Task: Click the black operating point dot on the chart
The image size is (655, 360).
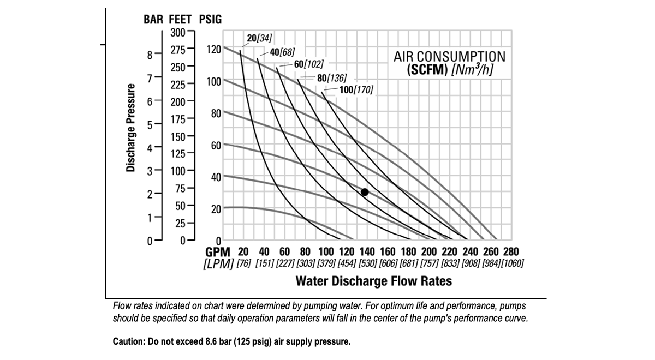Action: click(365, 192)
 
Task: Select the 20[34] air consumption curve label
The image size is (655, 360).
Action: click(259, 38)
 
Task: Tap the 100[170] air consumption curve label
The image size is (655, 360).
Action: click(356, 89)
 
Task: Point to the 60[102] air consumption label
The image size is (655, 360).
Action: click(309, 64)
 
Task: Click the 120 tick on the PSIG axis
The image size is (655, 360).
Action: click(213, 49)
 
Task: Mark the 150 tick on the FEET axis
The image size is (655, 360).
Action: click(178, 135)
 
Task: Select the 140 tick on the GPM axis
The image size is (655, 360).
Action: click(367, 252)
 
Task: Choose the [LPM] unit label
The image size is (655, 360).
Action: click(218, 264)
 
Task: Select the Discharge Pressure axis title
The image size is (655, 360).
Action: click(131, 128)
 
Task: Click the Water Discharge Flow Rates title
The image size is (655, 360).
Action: click(374, 281)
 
